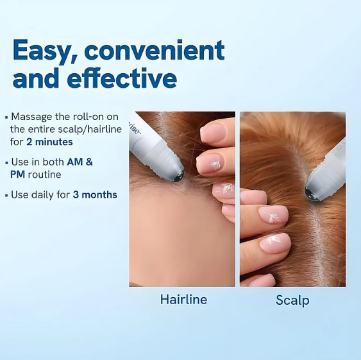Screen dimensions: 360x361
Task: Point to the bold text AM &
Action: click(x=80, y=162)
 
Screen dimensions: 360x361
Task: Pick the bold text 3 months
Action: click(x=95, y=194)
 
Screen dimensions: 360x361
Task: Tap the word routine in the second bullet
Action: click(x=44, y=174)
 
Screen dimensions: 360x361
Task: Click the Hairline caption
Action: click(x=183, y=299)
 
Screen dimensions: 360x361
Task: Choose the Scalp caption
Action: click(x=292, y=300)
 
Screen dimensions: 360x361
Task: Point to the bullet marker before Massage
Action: click(x=6, y=117)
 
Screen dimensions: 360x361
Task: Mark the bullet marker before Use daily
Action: click(x=6, y=194)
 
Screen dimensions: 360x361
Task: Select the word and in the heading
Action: click(x=33, y=79)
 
